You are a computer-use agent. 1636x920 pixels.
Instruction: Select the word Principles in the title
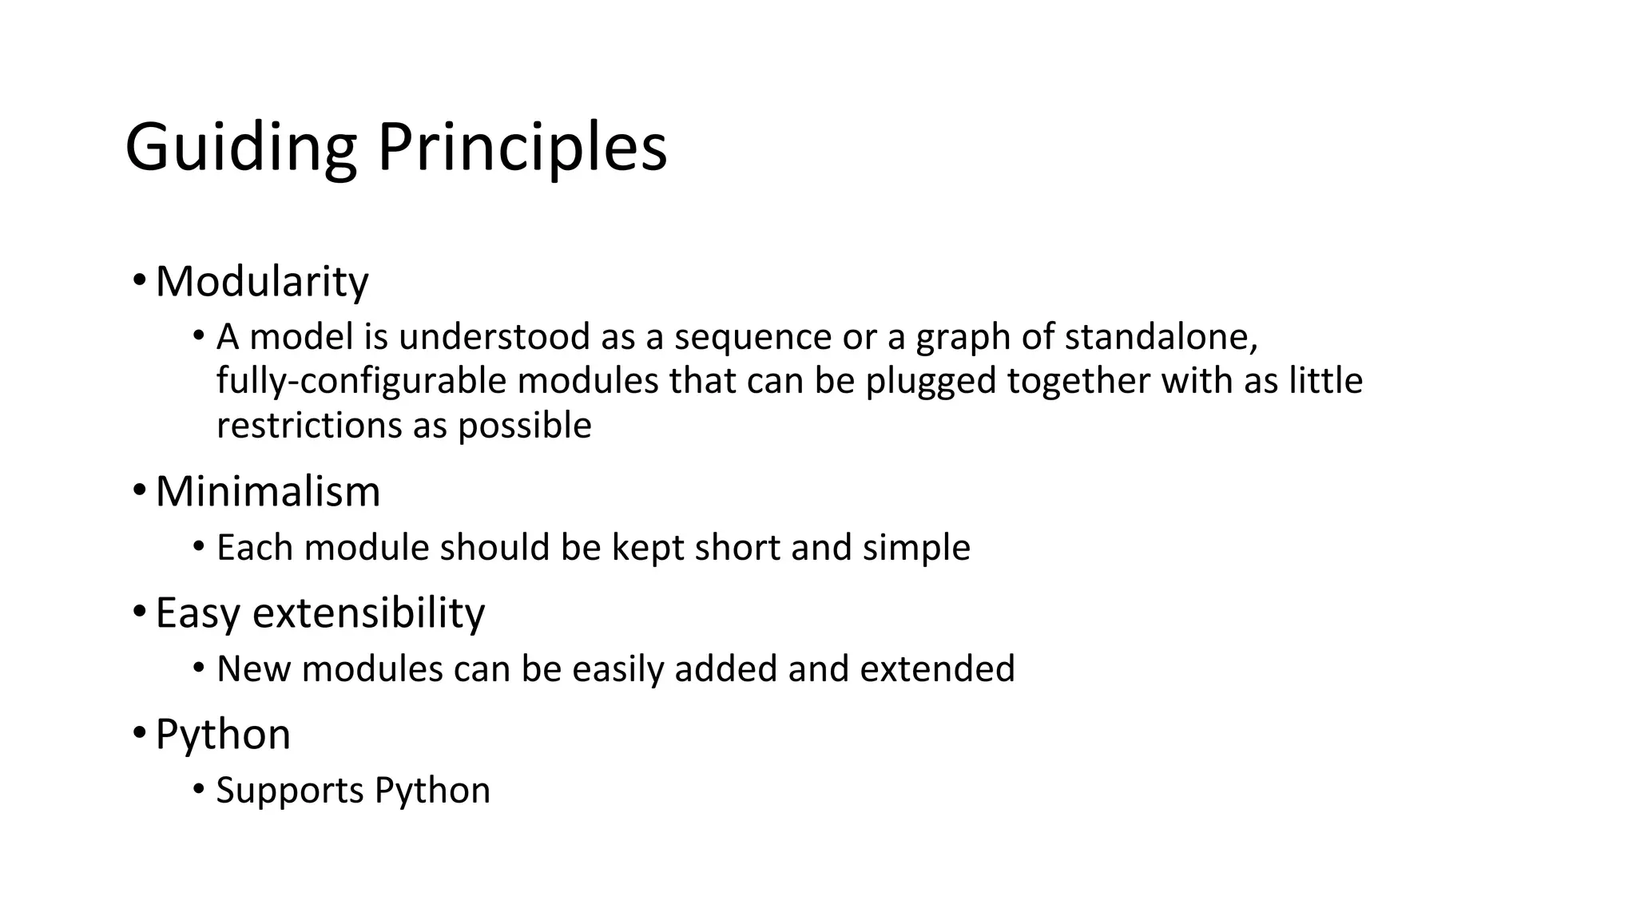click(x=522, y=149)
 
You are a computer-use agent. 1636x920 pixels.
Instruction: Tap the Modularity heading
click(x=262, y=282)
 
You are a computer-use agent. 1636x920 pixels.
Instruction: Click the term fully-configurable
click(x=361, y=381)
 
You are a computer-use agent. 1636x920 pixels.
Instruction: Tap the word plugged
click(x=931, y=382)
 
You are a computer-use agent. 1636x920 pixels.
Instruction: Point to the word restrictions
click(x=309, y=425)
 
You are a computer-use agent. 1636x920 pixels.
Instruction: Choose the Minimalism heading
click(x=268, y=491)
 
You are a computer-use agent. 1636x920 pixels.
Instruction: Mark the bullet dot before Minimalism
click(x=139, y=489)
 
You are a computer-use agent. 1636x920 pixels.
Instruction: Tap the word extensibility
click(x=368, y=613)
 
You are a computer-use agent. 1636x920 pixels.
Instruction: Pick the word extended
click(x=937, y=668)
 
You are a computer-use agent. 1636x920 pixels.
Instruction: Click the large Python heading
click(x=223, y=735)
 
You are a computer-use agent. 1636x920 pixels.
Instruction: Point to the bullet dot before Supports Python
click(x=199, y=790)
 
